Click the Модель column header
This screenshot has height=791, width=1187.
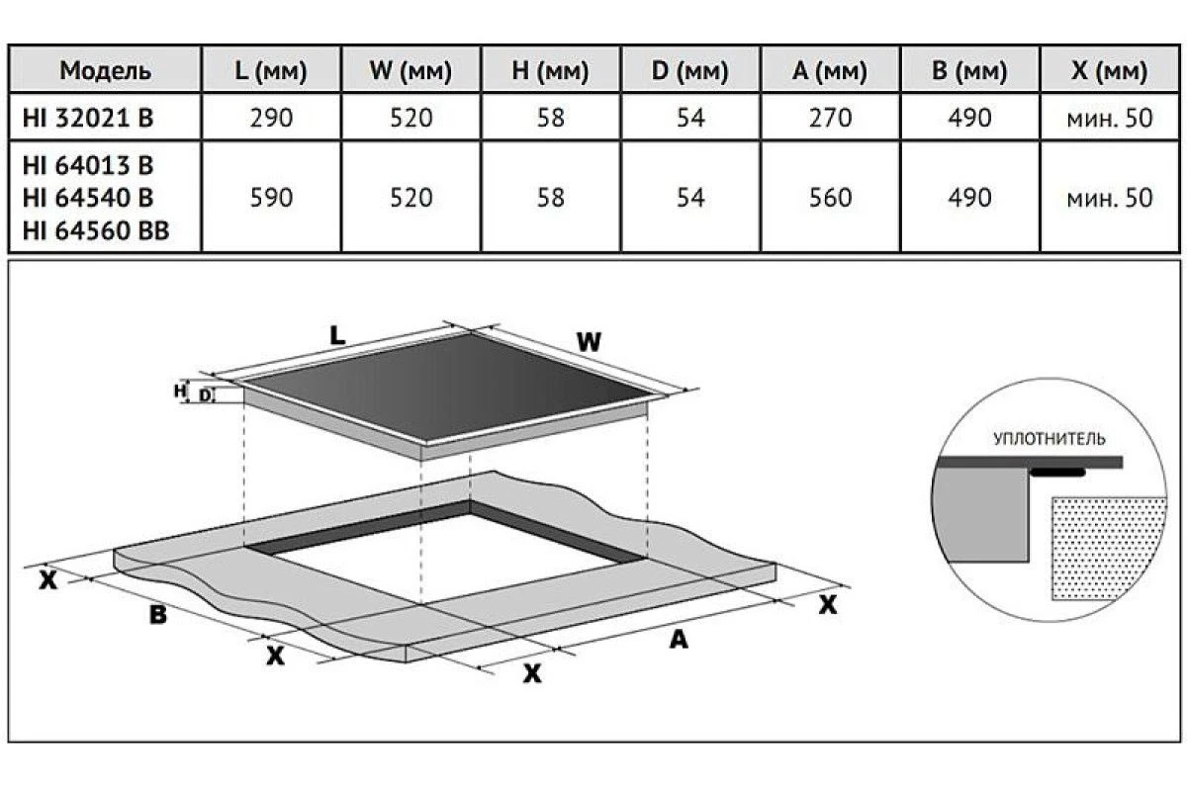(105, 70)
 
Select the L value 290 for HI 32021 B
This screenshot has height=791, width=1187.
(271, 118)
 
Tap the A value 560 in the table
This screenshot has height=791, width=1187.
(830, 198)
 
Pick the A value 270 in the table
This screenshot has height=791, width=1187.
(830, 118)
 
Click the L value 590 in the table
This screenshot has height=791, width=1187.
(271, 198)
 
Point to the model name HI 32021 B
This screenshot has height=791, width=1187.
(88, 118)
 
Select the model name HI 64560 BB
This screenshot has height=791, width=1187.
(96, 230)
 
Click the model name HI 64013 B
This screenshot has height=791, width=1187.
(88, 166)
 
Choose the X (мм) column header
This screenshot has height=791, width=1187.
(1109, 70)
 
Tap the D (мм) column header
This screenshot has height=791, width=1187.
(690, 70)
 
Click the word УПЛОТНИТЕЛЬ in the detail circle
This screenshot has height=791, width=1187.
(1050, 439)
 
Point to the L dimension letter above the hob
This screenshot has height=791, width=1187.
(337, 335)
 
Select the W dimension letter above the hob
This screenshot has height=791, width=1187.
(589, 342)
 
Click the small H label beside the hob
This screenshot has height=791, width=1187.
(180, 391)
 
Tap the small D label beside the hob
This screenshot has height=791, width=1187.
(205, 395)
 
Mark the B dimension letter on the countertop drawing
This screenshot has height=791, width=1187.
(158, 615)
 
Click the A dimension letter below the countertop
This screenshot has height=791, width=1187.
(679, 640)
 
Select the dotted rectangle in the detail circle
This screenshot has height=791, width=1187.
(1108, 549)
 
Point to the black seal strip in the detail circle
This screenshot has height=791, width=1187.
(1057, 472)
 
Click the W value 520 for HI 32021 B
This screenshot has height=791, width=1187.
(411, 118)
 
